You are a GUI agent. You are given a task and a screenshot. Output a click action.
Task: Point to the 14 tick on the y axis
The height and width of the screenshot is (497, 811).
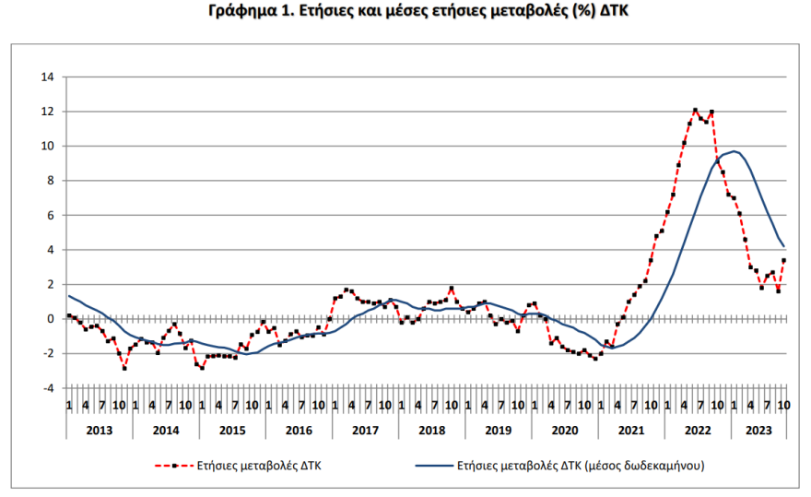(x=48, y=77)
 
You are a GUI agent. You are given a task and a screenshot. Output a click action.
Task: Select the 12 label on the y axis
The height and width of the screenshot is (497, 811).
(x=48, y=112)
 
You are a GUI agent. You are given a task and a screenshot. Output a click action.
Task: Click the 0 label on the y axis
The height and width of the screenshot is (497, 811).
(x=52, y=319)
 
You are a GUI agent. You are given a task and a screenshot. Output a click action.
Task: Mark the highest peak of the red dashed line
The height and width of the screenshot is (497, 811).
(x=696, y=110)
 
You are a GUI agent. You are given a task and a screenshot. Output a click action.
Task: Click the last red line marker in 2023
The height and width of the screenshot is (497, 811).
(x=784, y=260)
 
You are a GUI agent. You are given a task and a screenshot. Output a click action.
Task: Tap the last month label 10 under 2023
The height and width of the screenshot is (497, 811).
(x=783, y=406)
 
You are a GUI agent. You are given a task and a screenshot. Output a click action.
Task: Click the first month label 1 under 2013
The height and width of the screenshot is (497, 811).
(x=69, y=406)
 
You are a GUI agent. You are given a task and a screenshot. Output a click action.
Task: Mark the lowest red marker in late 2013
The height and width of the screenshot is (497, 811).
(x=124, y=367)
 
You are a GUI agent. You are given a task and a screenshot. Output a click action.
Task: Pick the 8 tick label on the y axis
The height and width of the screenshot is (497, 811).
(x=52, y=181)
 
